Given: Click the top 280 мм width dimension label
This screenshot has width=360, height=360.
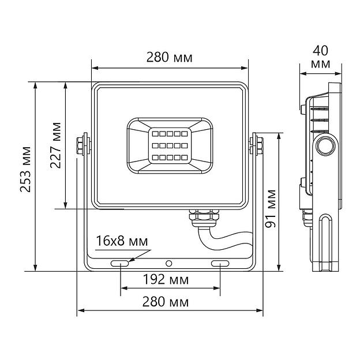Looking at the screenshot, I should point(169,58).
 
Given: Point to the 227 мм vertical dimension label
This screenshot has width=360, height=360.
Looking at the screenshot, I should point(55,145).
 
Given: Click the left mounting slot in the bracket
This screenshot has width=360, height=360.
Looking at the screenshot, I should point(120,264).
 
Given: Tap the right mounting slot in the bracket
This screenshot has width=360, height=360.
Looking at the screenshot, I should point(220,264).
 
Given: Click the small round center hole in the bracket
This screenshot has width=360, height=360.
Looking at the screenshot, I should point(169,264).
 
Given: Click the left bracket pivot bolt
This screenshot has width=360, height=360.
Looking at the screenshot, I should point(83,144).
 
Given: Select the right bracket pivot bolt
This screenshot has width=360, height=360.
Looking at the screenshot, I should point(256,144).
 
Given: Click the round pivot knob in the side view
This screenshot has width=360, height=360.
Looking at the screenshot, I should point(325,145).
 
